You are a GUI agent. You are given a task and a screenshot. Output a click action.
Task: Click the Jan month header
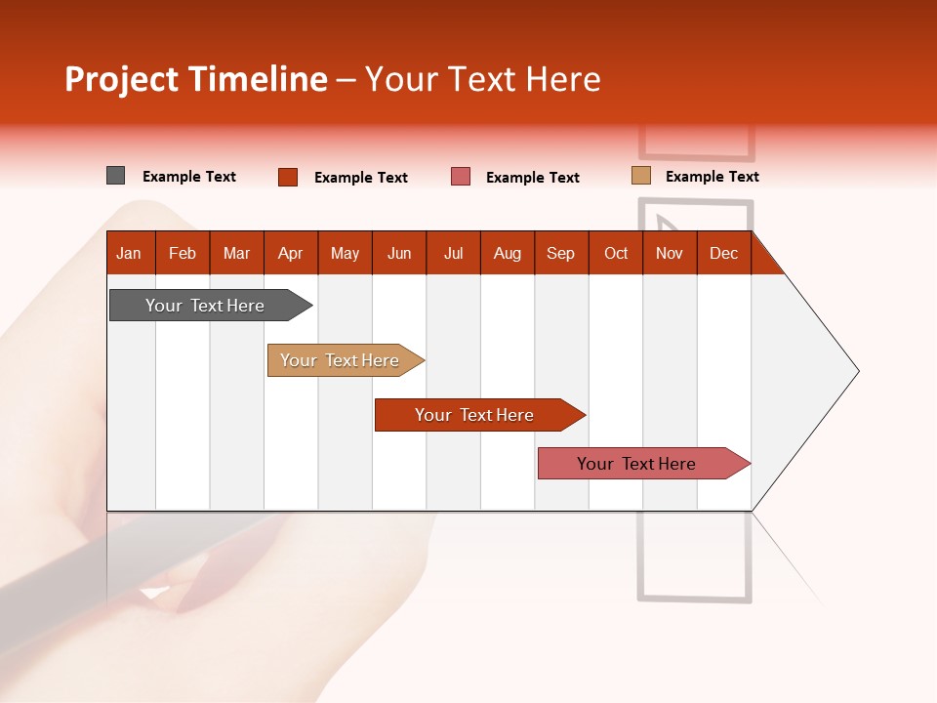130,253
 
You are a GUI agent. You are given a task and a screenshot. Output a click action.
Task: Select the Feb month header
183,253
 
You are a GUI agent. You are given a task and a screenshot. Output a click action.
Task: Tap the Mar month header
236,253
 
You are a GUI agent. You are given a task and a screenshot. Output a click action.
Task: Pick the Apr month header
291,253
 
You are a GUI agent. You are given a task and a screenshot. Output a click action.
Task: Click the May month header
345,253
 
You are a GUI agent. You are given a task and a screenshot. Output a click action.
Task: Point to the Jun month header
399,253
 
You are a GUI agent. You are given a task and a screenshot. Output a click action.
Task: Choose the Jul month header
453,253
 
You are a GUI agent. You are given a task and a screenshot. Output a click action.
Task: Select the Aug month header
508,253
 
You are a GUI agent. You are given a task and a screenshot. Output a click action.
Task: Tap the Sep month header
561,253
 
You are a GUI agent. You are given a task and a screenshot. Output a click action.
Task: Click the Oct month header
616,253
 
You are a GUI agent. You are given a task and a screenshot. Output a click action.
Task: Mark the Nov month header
670,253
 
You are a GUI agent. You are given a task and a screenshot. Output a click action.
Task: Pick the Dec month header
724,253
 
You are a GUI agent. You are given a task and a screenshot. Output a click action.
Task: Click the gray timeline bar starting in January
206,306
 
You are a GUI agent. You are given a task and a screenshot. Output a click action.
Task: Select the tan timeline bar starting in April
341,360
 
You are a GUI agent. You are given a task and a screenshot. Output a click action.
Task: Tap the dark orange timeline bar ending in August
475,415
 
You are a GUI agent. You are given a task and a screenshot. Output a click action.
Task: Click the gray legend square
115,176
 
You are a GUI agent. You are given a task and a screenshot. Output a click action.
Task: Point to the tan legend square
640,176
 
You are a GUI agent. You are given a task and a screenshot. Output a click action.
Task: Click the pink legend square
461,177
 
